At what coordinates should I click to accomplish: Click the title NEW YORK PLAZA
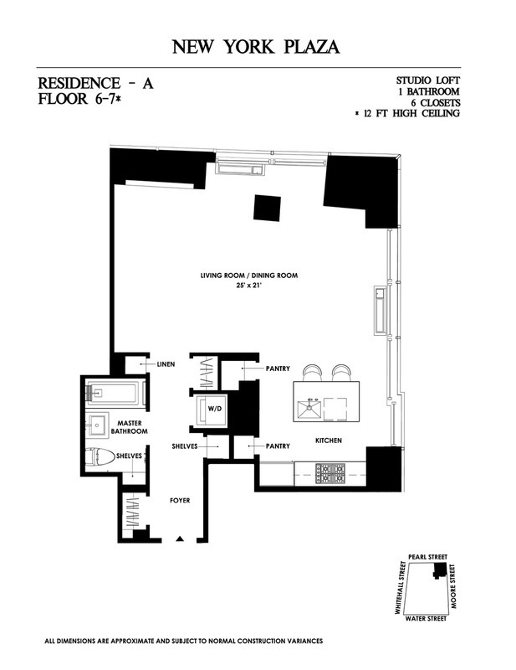pyautogui.click(x=258, y=46)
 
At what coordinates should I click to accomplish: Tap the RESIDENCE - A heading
pyautogui.click(x=97, y=84)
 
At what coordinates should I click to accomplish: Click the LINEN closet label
pyautogui.click(x=166, y=365)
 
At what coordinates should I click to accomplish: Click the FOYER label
pyautogui.click(x=180, y=501)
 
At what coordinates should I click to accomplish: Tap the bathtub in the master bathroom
pyautogui.click(x=114, y=392)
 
